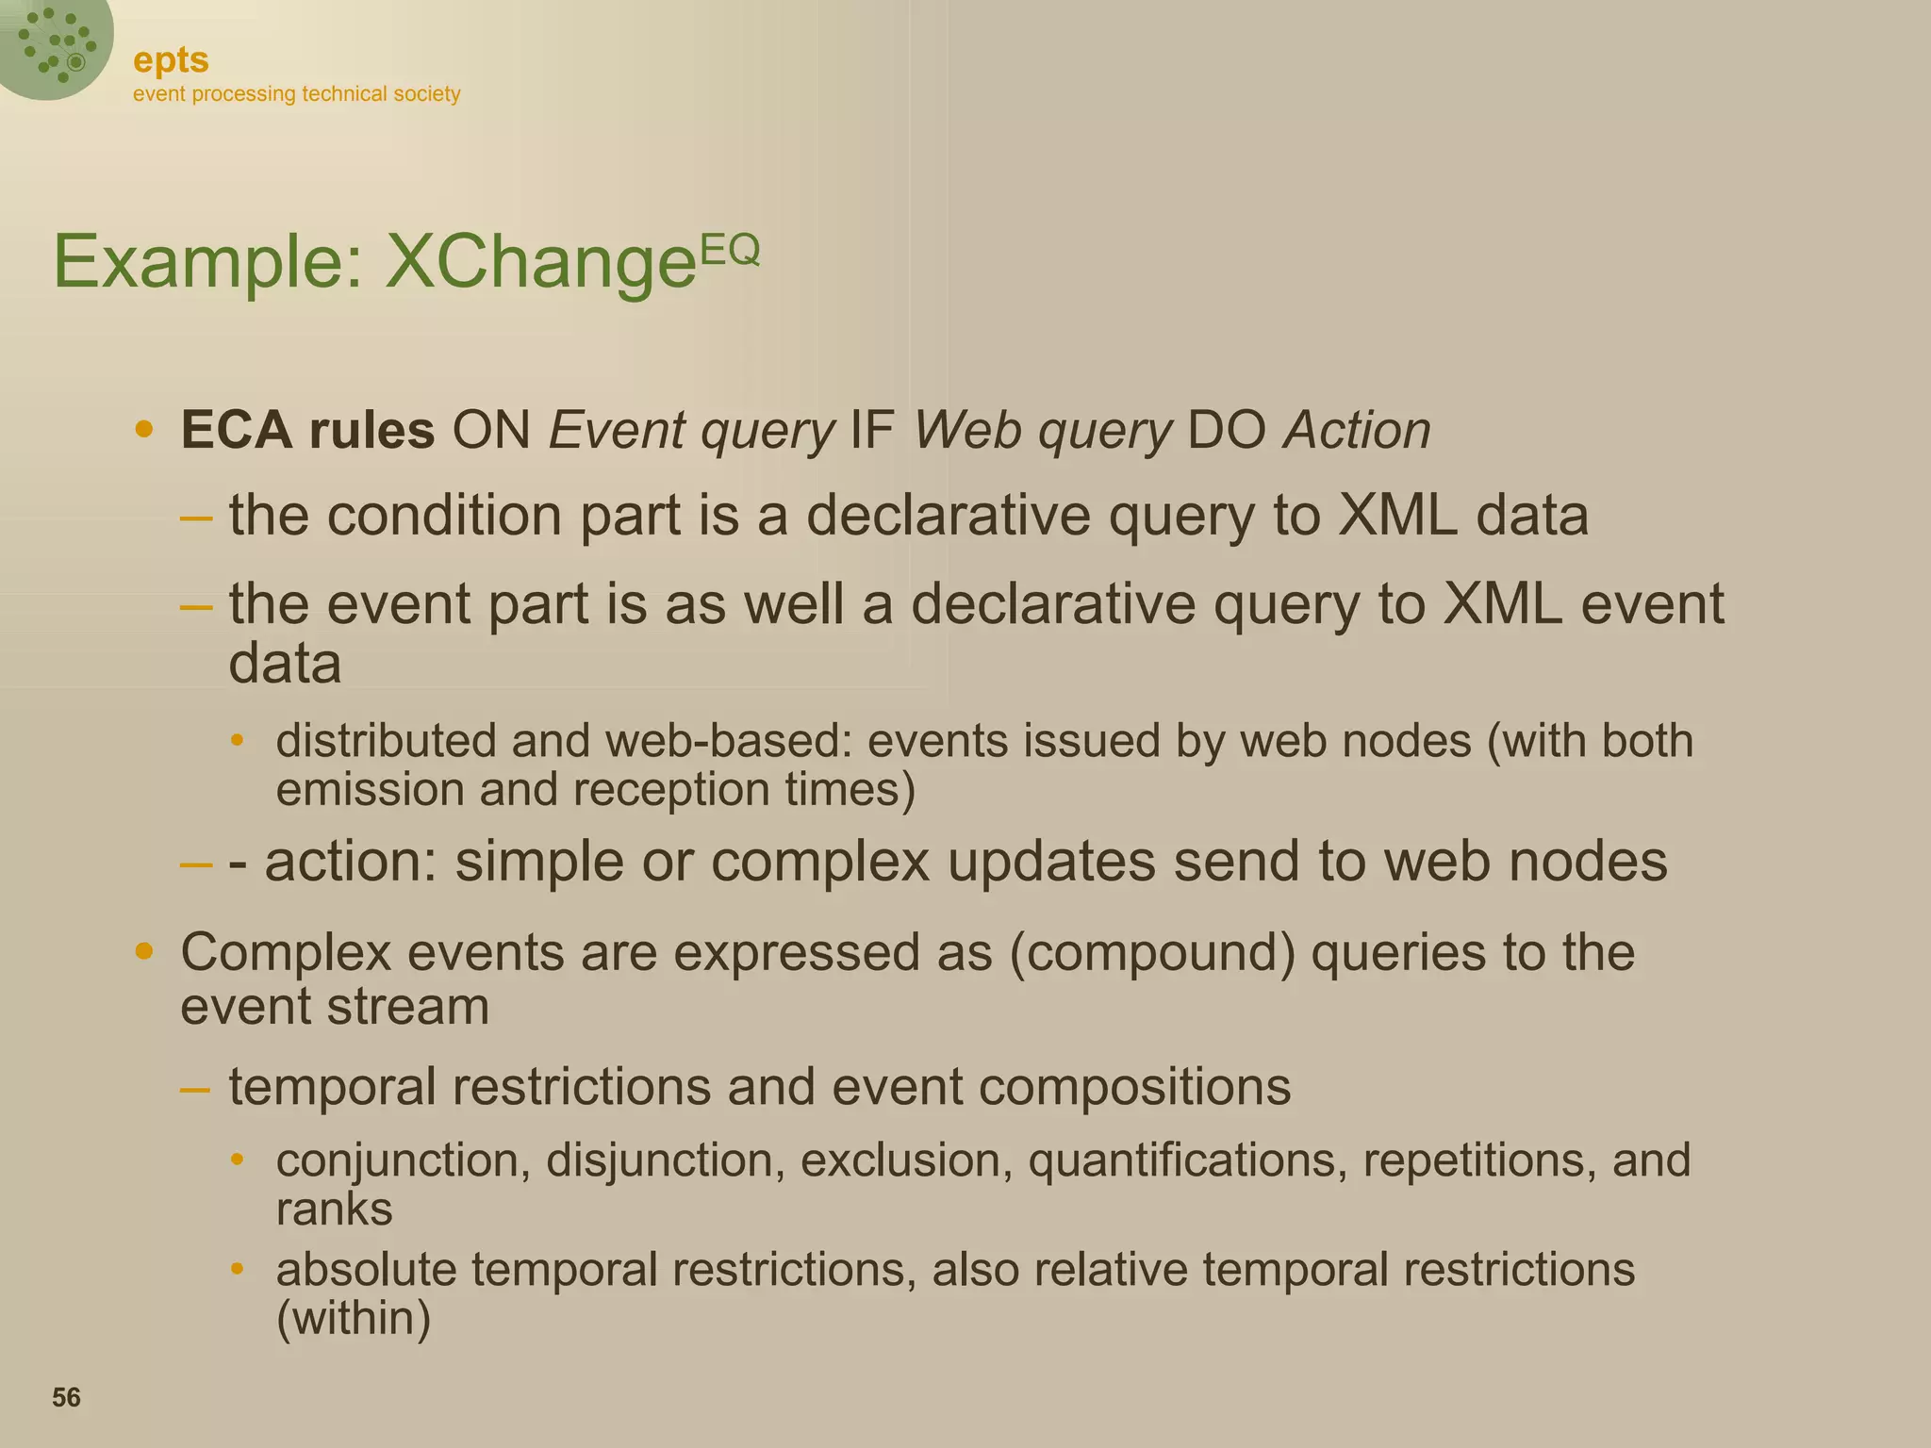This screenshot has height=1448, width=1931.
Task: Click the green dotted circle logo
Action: pyautogui.click(x=55, y=45)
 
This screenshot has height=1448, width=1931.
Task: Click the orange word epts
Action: pyautogui.click(x=171, y=60)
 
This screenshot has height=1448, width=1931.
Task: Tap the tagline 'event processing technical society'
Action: pyautogui.click(x=296, y=94)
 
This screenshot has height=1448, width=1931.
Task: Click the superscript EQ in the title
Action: pyautogui.click(x=729, y=249)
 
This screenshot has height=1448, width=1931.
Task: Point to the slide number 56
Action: pyautogui.click(x=66, y=1397)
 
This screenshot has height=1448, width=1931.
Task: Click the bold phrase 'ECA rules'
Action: pyautogui.click(x=307, y=430)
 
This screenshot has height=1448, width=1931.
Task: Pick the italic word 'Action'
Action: pyautogui.click(x=1358, y=430)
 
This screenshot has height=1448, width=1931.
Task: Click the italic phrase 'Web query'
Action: pyautogui.click(x=1042, y=432)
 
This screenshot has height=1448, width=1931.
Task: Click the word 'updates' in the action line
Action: pyautogui.click(x=1051, y=863)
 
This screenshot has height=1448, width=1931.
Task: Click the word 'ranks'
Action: pyautogui.click(x=334, y=1209)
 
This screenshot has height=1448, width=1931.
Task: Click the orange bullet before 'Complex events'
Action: pyautogui.click(x=143, y=951)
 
